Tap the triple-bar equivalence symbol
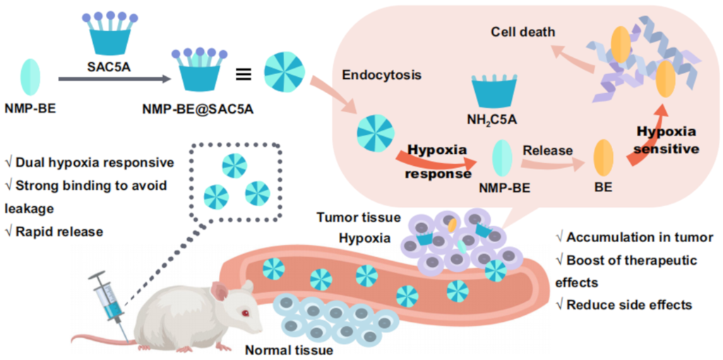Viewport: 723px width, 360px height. [243, 72]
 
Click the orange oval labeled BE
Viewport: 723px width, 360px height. [603, 158]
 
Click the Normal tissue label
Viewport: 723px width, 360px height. [288, 349]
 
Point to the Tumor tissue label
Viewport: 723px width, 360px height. [358, 217]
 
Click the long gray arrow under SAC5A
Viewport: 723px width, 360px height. [113, 80]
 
